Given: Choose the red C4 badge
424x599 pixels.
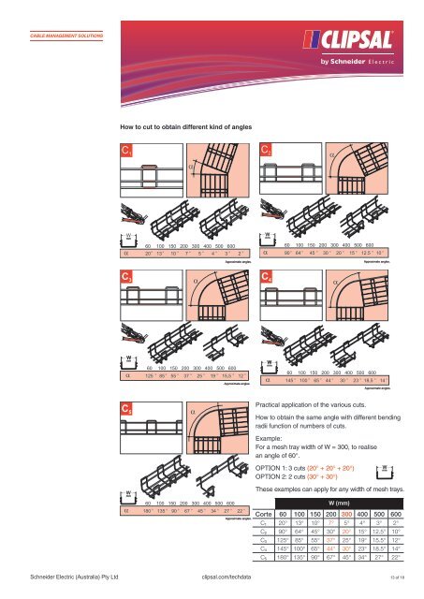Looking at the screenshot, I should coord(266,278).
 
